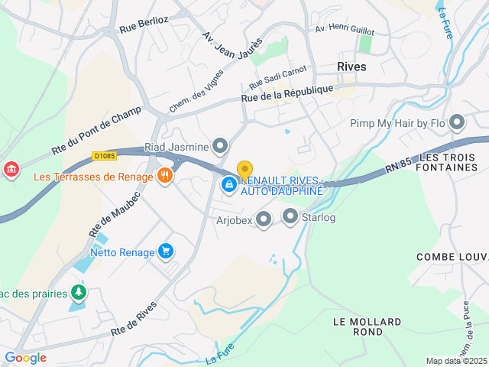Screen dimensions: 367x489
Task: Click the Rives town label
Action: (351, 67)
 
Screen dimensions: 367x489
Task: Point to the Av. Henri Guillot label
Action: (345, 31)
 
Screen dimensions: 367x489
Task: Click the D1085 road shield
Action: (104, 156)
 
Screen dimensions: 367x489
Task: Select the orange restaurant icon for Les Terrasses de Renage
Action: (164, 176)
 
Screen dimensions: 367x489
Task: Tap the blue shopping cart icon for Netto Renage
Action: (165, 251)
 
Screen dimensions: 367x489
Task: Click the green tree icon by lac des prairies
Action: (77, 292)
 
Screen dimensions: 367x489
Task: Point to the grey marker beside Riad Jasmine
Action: (220, 145)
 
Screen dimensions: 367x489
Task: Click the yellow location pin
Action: (244, 170)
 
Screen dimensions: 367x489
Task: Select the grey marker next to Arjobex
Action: (264, 220)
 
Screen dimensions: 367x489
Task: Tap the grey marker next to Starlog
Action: (290, 218)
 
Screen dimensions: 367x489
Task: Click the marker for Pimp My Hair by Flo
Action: (457, 122)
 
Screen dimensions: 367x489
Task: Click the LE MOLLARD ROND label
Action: (358, 326)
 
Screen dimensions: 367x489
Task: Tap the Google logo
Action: (25, 358)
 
